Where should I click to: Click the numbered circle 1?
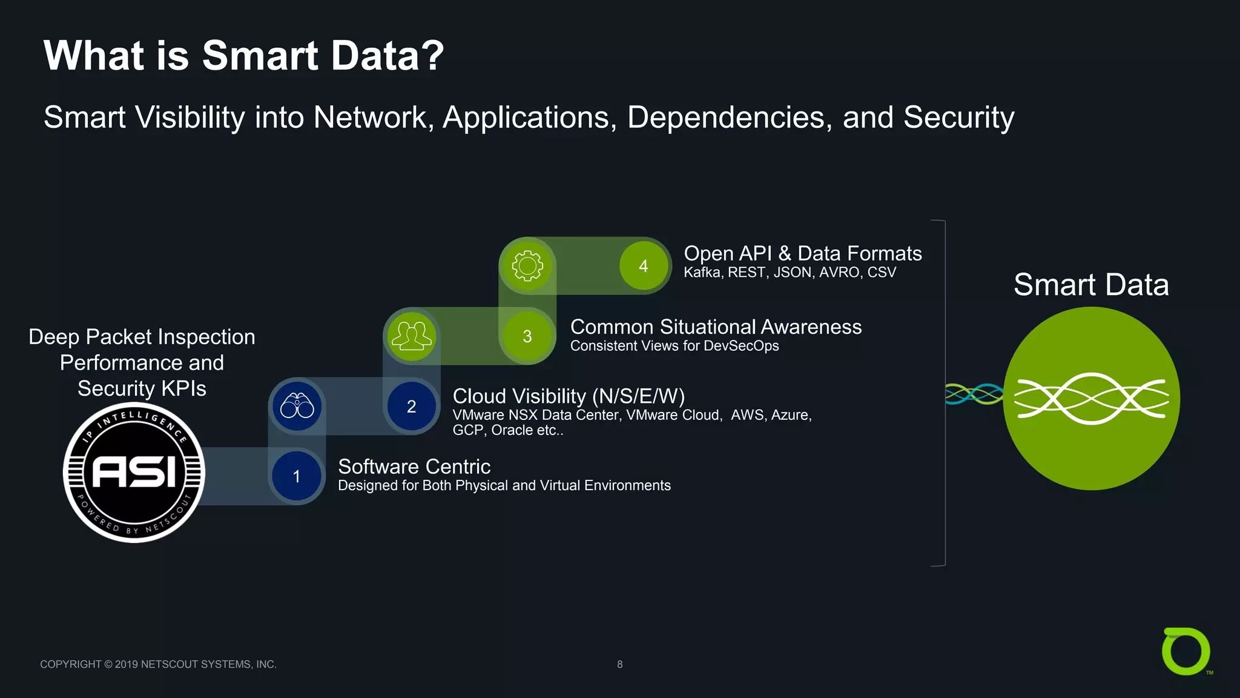(x=297, y=476)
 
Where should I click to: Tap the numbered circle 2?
(x=412, y=406)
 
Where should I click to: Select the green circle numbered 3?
(x=527, y=336)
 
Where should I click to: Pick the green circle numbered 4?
(x=644, y=266)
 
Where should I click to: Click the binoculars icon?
(x=297, y=406)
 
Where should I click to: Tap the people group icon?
(x=412, y=336)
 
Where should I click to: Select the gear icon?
(x=527, y=266)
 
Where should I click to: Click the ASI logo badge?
(x=134, y=473)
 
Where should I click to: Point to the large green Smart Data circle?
(x=1091, y=398)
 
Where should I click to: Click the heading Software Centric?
(x=414, y=467)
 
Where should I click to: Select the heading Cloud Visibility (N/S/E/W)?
(x=569, y=396)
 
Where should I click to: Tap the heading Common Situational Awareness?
(x=716, y=327)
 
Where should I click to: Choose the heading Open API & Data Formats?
(x=802, y=253)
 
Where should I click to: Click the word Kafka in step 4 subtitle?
(x=702, y=273)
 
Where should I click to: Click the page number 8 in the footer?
(x=619, y=665)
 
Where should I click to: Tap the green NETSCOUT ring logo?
(x=1186, y=651)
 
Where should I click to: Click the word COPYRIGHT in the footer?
(x=71, y=665)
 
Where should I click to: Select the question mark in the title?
(x=432, y=56)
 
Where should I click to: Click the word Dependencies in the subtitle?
(x=725, y=118)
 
